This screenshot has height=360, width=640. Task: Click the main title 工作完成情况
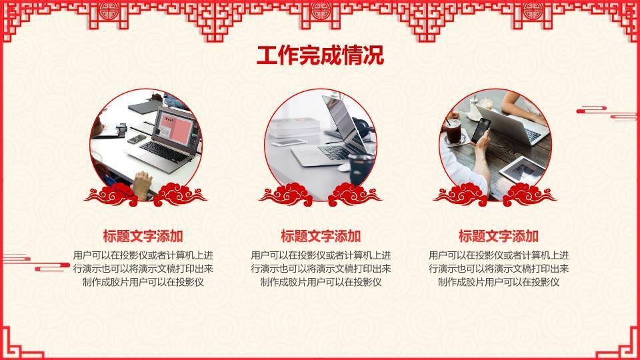[321, 55]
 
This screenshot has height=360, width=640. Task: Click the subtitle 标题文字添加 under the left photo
[143, 236]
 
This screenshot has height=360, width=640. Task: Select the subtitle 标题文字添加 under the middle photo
[321, 236]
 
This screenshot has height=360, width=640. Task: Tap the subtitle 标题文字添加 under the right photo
[499, 236]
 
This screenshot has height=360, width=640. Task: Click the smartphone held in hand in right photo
[481, 130]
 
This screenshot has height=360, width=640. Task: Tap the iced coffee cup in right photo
[453, 131]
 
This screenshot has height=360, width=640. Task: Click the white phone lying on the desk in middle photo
[289, 143]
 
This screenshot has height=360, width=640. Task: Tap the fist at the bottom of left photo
[142, 184]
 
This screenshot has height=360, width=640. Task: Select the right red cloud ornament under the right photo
[529, 194]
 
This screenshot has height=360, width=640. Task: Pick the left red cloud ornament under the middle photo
[286, 194]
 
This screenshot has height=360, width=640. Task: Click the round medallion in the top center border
[321, 10]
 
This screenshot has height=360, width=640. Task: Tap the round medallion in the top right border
[533, 10]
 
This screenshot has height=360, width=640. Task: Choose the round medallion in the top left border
[109, 10]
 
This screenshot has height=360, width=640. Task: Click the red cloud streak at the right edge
[607, 113]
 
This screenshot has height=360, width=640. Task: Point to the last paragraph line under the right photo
[499, 282]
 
